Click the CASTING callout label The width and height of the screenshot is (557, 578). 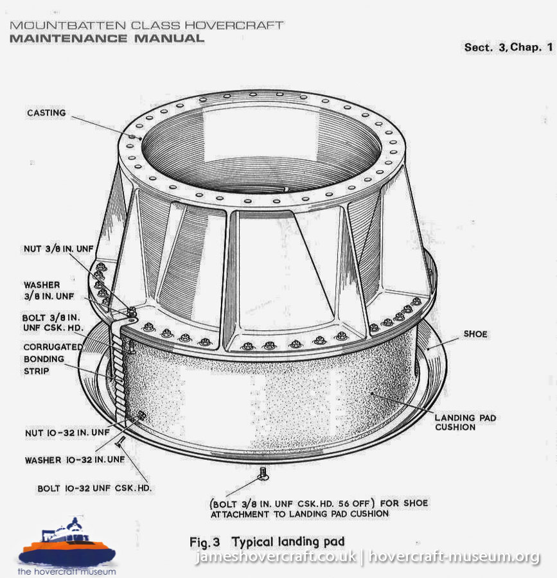click(x=46, y=113)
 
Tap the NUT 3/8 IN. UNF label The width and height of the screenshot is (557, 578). click(x=58, y=249)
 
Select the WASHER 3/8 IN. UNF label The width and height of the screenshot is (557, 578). click(x=49, y=290)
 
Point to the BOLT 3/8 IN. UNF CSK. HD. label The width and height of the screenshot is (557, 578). click(x=53, y=323)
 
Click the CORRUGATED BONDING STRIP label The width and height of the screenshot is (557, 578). click(x=53, y=358)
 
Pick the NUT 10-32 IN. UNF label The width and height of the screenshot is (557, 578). click(x=67, y=432)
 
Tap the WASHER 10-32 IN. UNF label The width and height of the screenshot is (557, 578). click(x=75, y=460)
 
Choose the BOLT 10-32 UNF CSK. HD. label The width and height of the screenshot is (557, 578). click(x=94, y=489)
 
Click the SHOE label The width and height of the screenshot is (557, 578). click(x=475, y=334)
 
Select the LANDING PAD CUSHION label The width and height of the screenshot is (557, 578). click(x=465, y=423)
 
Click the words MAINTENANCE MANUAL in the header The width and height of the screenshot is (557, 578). click(x=107, y=39)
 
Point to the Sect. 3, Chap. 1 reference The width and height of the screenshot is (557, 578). click(x=509, y=47)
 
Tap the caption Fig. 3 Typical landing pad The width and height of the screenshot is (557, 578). click(x=267, y=542)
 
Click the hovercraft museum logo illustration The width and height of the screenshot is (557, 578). click(x=67, y=541)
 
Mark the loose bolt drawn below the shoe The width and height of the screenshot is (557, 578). click(x=263, y=474)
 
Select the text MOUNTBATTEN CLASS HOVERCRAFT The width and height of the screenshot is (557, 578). click(x=146, y=26)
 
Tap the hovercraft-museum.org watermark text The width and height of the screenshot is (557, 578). click(x=454, y=557)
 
